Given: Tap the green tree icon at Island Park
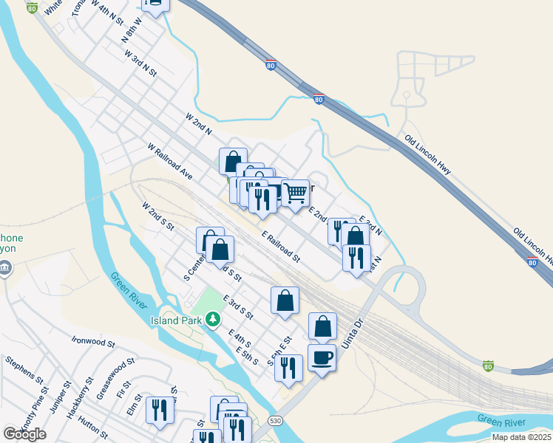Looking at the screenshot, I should [x=214, y=319].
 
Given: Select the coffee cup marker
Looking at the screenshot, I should [x=322, y=359].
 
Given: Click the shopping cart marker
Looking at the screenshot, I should [x=295, y=193].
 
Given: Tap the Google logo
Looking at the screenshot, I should [x=24, y=434].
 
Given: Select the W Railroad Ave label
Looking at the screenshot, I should [x=169, y=162].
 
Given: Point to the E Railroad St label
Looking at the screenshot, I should [x=281, y=247].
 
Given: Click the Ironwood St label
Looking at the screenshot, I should [x=94, y=343].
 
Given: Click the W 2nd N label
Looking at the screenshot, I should [x=199, y=124].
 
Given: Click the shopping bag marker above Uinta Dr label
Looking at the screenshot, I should [x=322, y=326].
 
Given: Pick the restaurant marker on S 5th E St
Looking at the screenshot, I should [x=288, y=367].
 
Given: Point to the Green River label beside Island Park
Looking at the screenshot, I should [x=130, y=292].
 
